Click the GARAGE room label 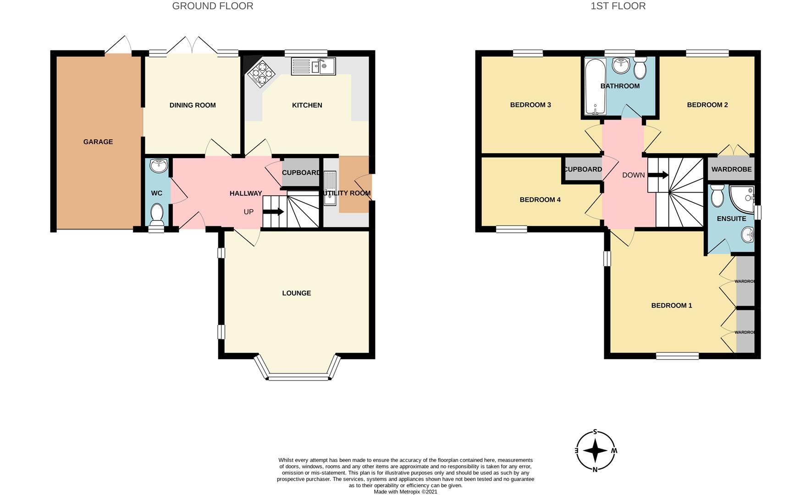click(98, 142)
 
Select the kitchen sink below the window click(314, 66)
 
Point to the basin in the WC click(158, 166)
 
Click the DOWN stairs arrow click(658, 175)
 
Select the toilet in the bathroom click(640, 68)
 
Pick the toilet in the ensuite click(717, 196)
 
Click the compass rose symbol click(596, 451)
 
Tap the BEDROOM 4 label click(540, 200)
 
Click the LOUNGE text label click(297, 293)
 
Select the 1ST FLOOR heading click(618, 6)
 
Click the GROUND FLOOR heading click(213, 6)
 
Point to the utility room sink click(330, 188)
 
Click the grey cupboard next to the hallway click(301, 172)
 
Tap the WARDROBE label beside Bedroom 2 click(731, 170)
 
